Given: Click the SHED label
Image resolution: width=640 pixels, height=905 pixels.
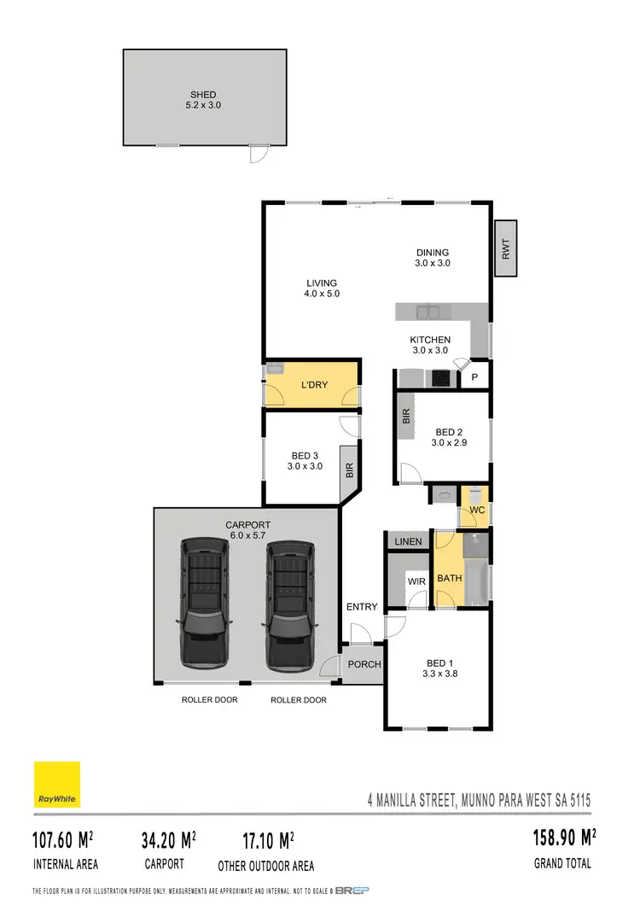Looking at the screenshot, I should (203, 95).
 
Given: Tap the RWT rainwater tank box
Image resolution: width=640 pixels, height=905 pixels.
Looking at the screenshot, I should (506, 249).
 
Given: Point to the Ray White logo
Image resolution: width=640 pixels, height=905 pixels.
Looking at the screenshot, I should (57, 785).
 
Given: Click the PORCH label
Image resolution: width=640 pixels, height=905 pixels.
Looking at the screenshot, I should (364, 664).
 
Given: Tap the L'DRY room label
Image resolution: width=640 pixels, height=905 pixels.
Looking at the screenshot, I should (314, 385).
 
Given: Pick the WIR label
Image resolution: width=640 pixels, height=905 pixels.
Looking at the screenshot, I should (416, 581).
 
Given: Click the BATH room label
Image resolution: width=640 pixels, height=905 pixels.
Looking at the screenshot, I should (450, 578).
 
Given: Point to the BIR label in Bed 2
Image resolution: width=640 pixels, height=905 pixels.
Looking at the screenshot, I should (406, 417).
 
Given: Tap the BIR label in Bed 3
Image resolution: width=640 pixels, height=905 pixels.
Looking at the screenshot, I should (349, 470).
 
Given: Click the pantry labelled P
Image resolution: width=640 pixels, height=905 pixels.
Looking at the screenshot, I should (475, 377).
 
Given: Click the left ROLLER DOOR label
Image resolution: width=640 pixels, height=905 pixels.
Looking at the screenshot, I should (209, 700).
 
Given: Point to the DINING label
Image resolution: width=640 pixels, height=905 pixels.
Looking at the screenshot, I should (433, 252).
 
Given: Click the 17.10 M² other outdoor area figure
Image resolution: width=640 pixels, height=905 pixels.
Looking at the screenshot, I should (267, 841).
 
